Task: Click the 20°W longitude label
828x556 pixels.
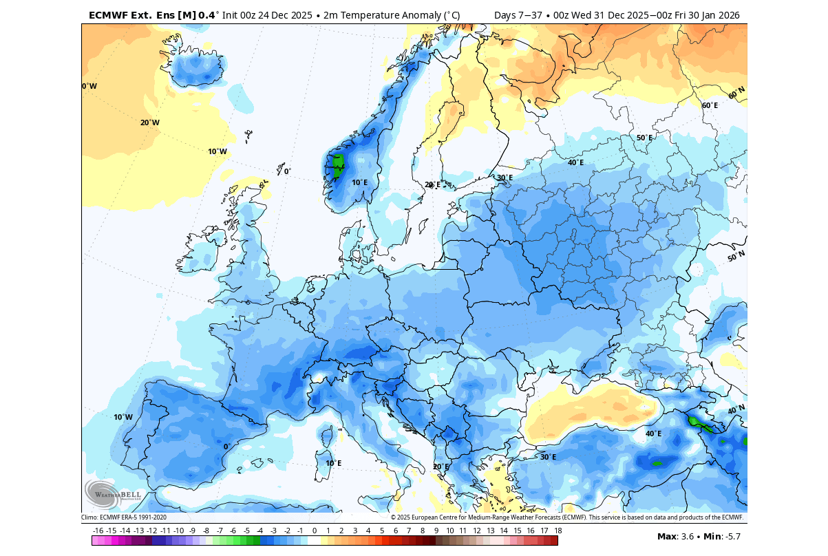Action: coord(149,122)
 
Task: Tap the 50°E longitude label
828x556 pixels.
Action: coord(644,138)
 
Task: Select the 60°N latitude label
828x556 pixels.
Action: coord(736,93)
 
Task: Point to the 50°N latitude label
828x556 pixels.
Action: coord(736,257)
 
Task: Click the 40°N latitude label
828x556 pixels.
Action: coord(736,409)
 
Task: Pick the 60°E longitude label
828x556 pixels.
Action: coord(710,105)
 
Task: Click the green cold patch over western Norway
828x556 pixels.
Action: coord(337,166)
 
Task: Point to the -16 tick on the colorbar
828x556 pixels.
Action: coord(98,531)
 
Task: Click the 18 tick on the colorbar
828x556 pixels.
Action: coord(558,531)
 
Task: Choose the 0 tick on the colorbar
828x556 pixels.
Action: coord(315,531)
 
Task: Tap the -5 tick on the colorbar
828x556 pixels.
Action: coord(246,531)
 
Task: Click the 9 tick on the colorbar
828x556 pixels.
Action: coord(436,531)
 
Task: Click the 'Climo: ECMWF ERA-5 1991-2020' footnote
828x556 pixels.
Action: coord(124,517)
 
